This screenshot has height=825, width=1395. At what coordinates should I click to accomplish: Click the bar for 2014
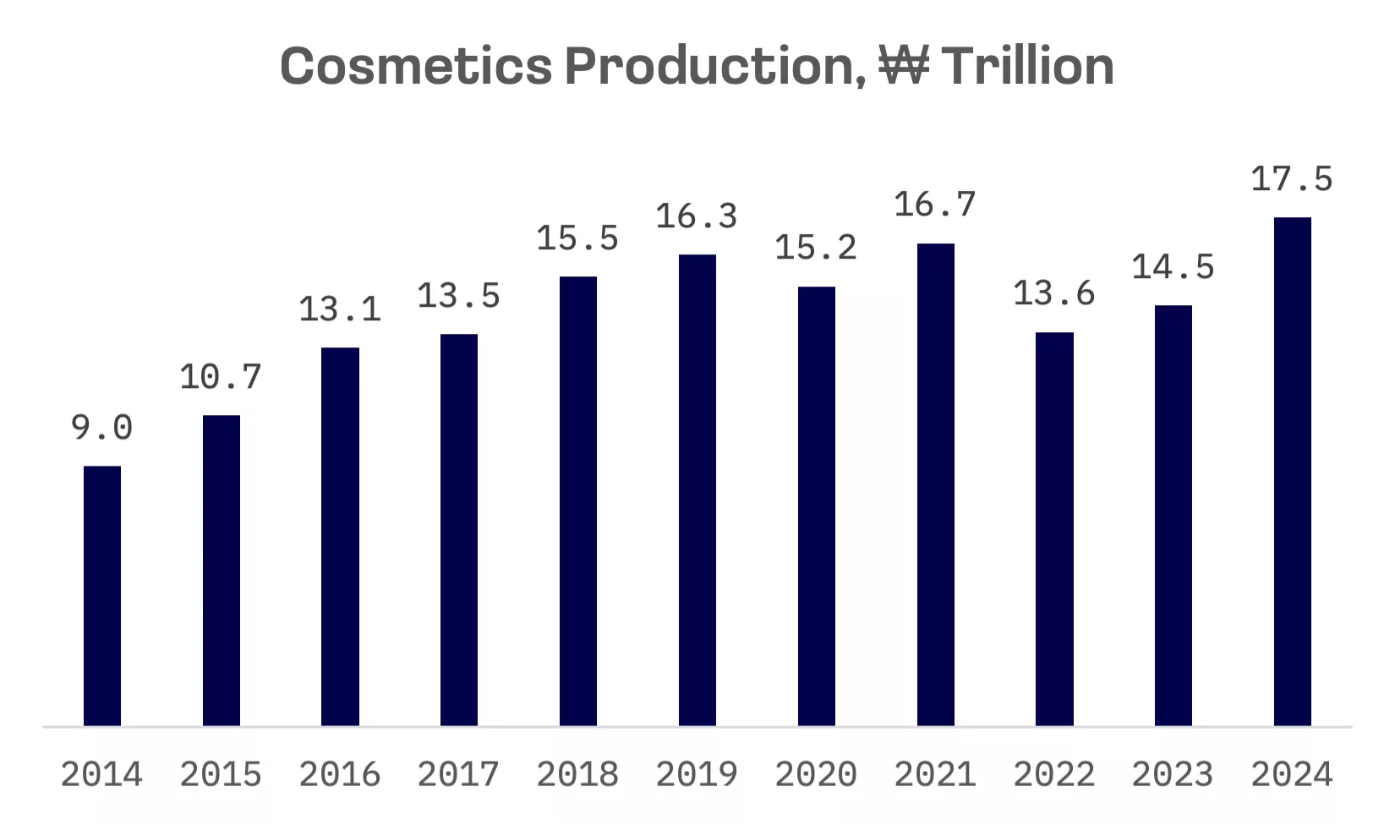click(x=102, y=596)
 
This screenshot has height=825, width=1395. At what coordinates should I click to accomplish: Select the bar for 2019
click(x=697, y=490)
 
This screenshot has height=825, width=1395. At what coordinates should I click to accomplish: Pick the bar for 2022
click(x=1054, y=529)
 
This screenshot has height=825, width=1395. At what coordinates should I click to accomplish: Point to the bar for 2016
click(x=340, y=537)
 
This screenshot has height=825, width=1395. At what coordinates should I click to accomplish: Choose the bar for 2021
click(x=935, y=484)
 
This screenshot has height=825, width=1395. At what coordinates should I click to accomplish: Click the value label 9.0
click(x=102, y=428)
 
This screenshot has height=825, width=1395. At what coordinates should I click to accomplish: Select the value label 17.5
click(x=1292, y=179)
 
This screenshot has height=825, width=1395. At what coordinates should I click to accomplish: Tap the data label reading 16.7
click(x=935, y=205)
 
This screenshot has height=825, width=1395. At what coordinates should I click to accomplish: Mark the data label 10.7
click(x=221, y=377)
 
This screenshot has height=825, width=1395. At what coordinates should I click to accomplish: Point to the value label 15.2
click(x=816, y=248)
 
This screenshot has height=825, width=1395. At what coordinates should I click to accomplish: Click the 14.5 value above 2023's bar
click(x=1173, y=268)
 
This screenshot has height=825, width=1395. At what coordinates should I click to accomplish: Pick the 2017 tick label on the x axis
click(x=459, y=774)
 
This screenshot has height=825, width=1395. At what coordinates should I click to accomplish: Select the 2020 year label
click(x=816, y=774)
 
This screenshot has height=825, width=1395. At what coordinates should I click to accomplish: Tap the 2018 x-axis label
click(x=578, y=774)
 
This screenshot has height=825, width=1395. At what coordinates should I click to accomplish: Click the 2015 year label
click(x=221, y=774)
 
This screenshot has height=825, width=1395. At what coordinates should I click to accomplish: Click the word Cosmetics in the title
click(x=416, y=66)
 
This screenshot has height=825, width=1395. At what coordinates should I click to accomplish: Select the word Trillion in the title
click(x=1027, y=66)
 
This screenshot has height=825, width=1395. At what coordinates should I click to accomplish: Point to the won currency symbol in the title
click(x=904, y=66)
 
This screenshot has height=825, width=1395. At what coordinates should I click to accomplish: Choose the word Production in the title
click(x=715, y=66)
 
